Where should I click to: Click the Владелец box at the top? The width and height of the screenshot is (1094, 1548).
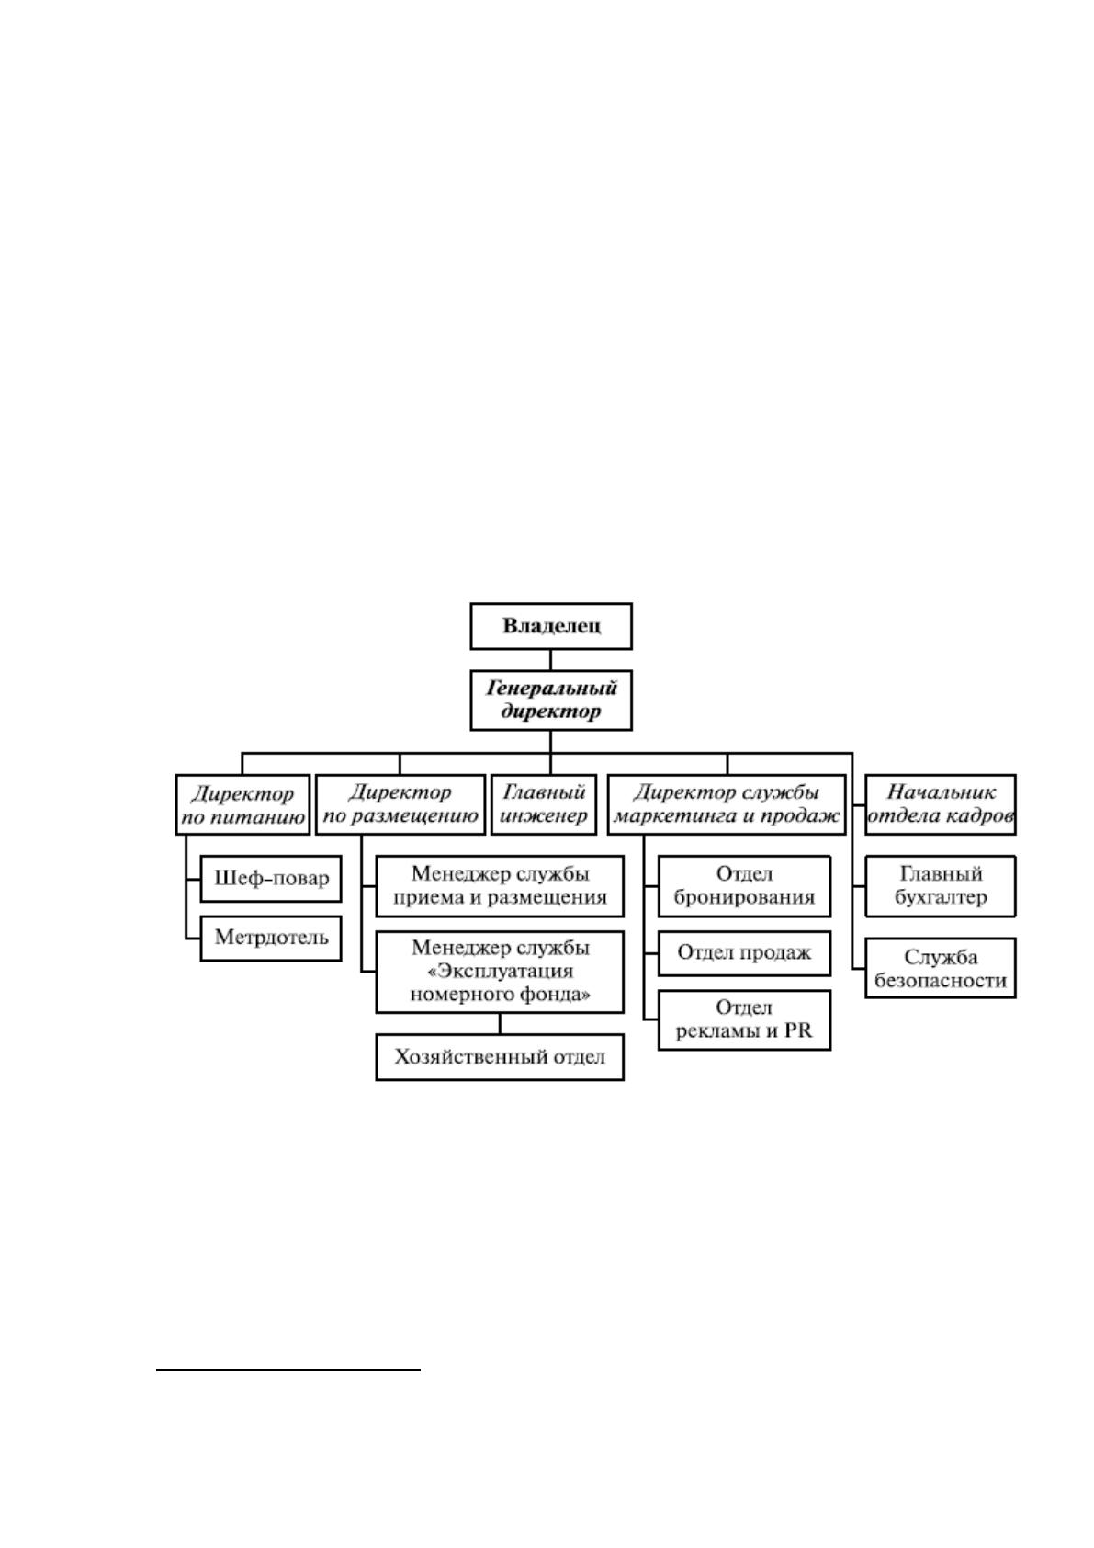[x=550, y=626]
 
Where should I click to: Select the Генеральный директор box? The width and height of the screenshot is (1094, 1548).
[x=550, y=700]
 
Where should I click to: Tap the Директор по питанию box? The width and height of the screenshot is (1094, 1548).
[x=242, y=804]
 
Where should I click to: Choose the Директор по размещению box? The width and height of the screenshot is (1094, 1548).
[x=400, y=804]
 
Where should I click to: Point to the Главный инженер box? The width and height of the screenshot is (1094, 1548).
[x=544, y=804]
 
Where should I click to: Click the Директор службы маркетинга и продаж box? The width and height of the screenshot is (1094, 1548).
[x=727, y=804]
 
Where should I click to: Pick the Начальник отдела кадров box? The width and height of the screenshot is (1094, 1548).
[x=940, y=804]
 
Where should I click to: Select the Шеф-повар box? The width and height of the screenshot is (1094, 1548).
[x=271, y=879]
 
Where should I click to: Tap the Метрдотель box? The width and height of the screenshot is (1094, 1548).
[x=271, y=938]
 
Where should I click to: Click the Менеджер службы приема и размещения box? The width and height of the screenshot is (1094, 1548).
[x=500, y=886]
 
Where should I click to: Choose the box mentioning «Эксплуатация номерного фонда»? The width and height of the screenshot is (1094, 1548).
[x=500, y=972]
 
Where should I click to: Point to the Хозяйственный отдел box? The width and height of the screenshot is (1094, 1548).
[x=500, y=1056]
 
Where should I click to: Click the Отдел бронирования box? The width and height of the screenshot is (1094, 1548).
[x=744, y=886]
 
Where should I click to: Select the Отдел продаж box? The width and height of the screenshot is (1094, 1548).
[x=744, y=953]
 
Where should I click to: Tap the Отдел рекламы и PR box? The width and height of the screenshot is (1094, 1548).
[x=744, y=1020]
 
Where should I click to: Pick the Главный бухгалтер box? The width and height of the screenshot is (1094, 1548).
[x=940, y=886]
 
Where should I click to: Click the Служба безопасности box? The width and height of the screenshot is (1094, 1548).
[x=940, y=968]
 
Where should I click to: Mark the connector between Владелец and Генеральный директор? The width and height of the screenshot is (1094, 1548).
[x=550, y=660]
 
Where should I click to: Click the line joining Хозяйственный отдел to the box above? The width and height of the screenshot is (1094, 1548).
[x=500, y=1023]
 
